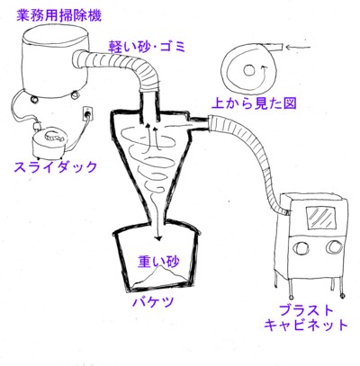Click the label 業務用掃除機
58,15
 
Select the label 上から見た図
254,103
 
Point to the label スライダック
56,166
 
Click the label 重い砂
158,262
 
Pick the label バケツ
153,301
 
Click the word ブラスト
306,310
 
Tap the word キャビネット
306,325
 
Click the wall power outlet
88,113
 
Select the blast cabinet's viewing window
320,217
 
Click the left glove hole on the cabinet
301,246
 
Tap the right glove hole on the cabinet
334,246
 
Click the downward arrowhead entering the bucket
158,237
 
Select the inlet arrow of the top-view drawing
298,47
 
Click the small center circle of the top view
248,71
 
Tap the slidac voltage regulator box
49,144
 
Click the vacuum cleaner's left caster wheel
34,98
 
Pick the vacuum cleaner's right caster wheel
73,94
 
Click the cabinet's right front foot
342,296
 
